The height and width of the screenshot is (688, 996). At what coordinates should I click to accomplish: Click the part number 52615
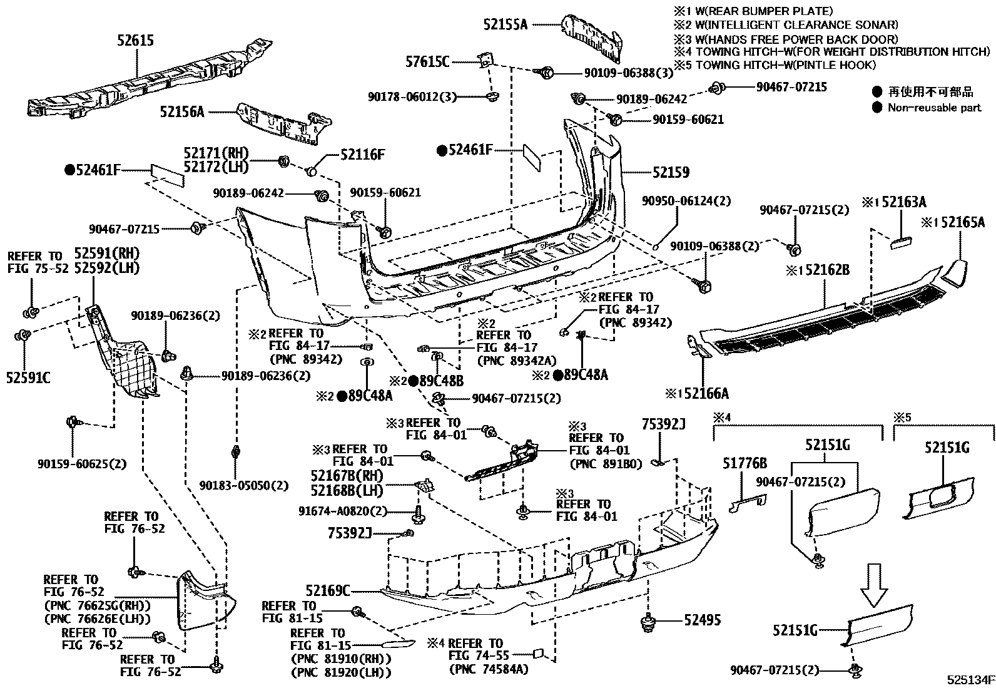point(135,41)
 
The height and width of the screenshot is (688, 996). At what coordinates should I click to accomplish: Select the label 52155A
point(506,24)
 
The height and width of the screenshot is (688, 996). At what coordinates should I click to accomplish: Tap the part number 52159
point(671,172)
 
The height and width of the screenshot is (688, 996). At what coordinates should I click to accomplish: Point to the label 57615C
point(427,61)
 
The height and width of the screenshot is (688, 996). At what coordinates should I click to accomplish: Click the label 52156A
point(182,112)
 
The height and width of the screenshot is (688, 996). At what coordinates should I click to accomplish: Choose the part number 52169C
point(328,590)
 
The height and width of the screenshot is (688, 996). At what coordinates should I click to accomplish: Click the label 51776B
point(744,464)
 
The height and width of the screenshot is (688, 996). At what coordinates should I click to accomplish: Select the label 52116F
point(362,154)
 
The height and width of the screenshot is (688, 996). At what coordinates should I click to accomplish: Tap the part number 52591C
point(28,377)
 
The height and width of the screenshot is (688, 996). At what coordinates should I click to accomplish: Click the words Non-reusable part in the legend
point(935,108)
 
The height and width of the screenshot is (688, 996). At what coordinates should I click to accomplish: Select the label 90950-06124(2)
point(686,201)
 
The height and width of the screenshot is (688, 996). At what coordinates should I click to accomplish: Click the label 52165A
point(956,222)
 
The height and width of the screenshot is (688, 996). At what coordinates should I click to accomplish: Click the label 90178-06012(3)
point(412,96)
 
